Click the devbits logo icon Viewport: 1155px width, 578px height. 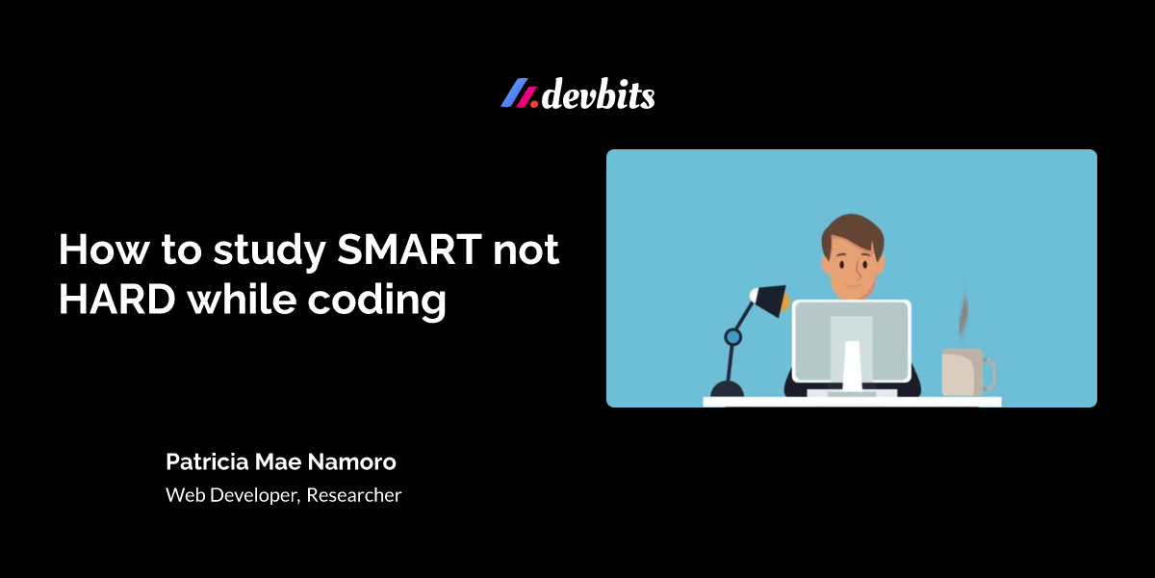520,93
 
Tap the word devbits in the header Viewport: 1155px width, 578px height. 599,95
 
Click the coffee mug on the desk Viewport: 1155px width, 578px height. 962,372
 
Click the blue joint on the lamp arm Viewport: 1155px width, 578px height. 732,337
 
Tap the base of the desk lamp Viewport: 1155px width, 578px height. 727,389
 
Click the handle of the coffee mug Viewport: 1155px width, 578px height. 989,372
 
